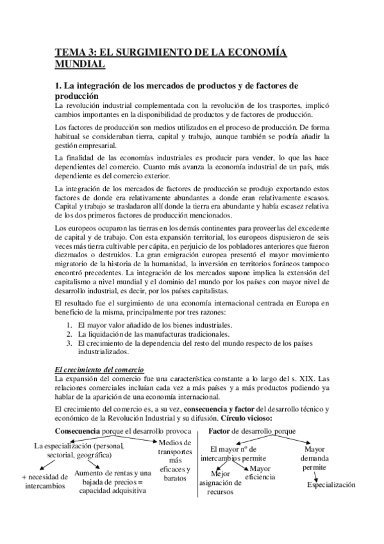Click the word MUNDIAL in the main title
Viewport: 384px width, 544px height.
point(78,65)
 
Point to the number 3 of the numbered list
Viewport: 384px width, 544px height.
point(69,343)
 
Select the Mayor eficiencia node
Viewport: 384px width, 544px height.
point(260,473)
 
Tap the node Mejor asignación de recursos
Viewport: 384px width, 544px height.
point(220,483)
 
